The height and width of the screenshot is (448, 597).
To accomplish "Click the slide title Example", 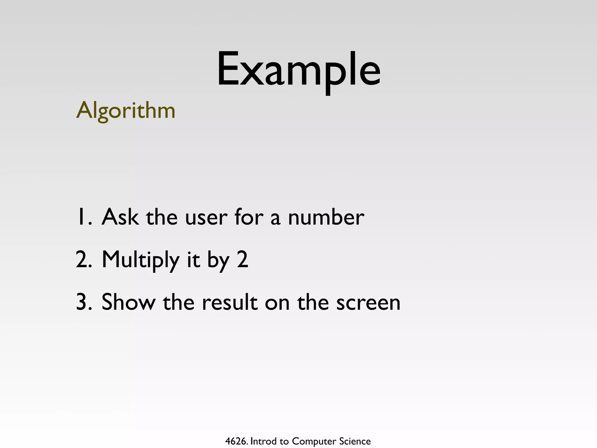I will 298,70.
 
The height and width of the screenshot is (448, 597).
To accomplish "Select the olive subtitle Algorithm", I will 126,111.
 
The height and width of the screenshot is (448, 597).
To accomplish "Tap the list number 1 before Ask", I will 83,217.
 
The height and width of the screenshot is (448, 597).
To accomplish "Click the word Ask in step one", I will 120,217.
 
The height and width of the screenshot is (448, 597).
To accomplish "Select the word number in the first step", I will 326,217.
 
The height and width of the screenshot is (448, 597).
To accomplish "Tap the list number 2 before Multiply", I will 83,260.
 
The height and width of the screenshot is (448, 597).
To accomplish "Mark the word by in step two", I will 218,261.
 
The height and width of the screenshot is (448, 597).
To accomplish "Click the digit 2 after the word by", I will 243,260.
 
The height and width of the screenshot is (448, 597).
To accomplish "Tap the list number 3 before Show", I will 83,302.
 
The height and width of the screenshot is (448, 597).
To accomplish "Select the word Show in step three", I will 128,302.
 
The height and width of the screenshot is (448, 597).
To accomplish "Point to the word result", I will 230,302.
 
